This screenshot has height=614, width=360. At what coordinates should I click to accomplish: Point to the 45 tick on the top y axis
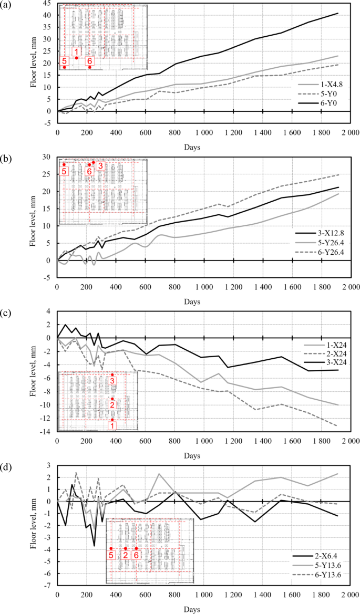click(x=47, y=3)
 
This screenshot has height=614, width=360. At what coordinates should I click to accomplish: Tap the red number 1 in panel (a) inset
click(x=77, y=51)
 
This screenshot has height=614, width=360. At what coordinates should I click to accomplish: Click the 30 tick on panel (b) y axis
click(x=47, y=157)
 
